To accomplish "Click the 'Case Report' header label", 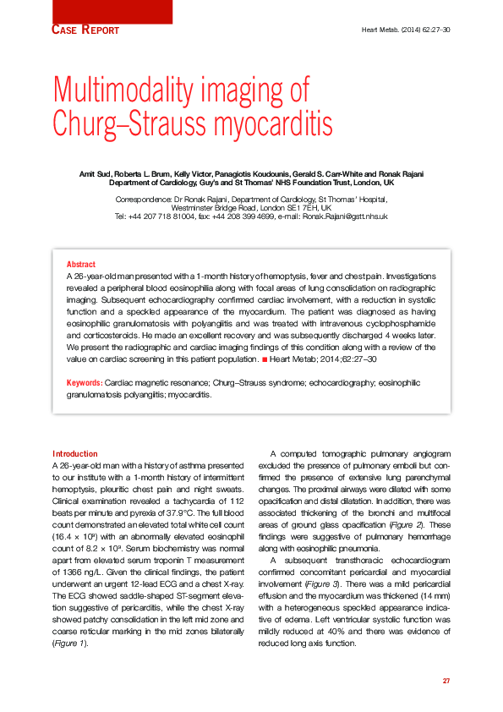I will point(85,30).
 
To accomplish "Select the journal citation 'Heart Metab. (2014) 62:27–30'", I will point(405,30).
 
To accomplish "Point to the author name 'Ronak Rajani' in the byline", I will point(402,174).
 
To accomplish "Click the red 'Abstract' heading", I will point(81,265).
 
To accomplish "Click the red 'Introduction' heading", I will point(75,454).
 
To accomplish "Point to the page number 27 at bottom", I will point(446,681).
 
